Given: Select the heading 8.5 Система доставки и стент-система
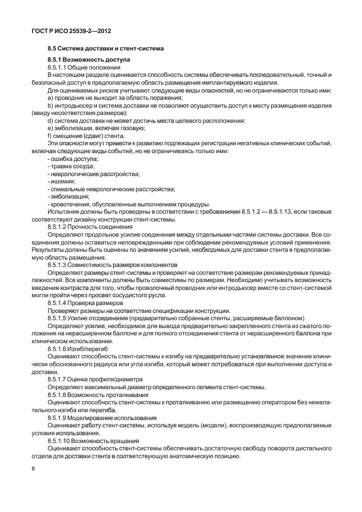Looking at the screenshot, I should [x=105, y=49].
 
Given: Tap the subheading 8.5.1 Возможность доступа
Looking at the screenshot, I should [x=88, y=59].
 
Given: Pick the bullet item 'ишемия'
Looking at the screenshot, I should [x=62, y=182].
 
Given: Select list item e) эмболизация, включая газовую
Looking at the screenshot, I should [x=92, y=128].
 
